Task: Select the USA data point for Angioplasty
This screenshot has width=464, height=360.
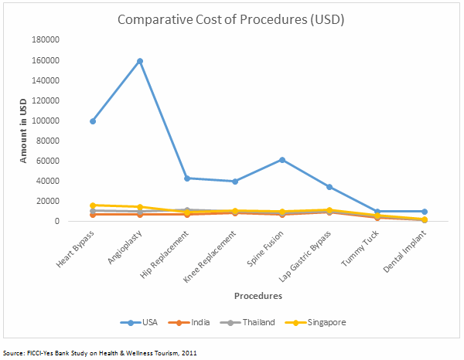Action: tap(140, 61)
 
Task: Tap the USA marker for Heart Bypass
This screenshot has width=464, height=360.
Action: tap(93, 121)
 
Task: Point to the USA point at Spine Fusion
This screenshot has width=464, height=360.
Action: tap(282, 160)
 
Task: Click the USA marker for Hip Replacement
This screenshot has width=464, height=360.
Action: tap(187, 178)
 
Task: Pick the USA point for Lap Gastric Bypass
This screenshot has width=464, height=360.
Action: tap(329, 187)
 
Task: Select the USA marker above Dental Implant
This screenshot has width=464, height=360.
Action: tap(425, 212)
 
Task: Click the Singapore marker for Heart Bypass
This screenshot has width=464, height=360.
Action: tap(93, 205)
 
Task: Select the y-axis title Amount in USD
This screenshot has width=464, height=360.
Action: tap(26, 130)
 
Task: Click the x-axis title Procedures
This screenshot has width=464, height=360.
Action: tap(259, 295)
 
